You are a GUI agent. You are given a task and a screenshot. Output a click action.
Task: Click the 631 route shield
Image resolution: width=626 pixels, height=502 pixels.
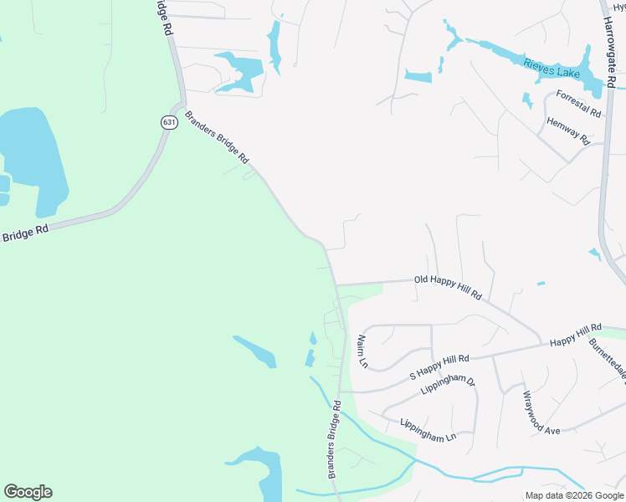tap(169, 122)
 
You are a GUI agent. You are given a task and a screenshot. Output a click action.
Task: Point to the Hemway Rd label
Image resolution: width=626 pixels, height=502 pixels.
tap(568, 131)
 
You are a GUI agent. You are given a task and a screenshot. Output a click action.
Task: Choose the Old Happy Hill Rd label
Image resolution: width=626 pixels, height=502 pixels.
tap(448, 287)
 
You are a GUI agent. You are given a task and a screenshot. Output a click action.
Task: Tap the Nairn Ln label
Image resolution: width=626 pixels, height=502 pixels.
tap(362, 351)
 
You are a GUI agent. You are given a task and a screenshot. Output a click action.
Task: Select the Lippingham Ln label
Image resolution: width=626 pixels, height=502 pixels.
tap(428, 429)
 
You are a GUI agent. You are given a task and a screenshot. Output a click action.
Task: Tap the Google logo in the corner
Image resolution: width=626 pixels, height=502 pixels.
tap(28, 492)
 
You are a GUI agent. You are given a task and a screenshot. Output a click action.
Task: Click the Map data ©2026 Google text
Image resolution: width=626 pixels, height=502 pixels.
tap(573, 495)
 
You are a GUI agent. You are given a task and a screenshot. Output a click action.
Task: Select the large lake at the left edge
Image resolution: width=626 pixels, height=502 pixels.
tap(33, 159)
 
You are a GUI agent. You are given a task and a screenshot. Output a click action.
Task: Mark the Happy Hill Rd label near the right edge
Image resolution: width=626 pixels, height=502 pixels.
tap(576, 335)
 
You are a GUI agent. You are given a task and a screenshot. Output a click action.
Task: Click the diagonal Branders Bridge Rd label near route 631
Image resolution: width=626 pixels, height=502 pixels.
tap(218, 136)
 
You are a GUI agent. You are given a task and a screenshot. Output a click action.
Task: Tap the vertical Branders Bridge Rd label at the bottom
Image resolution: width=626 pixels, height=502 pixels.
tap(334, 439)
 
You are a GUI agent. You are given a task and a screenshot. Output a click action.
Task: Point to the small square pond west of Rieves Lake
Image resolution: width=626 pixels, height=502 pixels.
tap(418, 77)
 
